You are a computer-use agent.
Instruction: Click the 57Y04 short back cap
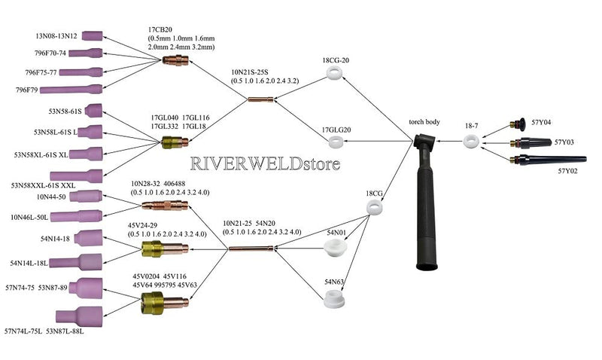tap(518, 124)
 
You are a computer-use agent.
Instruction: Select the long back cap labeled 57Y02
tap(548, 159)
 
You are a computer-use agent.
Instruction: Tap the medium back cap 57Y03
tap(531, 143)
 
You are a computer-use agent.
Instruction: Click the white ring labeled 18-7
tap(471, 142)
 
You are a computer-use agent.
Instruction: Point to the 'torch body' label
tap(424, 122)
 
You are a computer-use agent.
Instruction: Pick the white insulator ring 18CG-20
tap(334, 72)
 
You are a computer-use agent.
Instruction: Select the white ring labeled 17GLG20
tap(336, 142)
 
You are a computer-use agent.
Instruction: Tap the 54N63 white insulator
tap(333, 299)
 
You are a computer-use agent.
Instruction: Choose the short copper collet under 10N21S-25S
tap(260, 99)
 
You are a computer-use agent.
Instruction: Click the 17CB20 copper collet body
tap(175, 60)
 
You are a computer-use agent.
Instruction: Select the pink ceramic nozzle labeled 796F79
tap(71, 90)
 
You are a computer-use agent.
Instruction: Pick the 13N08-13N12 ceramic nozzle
tap(92, 35)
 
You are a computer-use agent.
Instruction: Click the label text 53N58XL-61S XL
tap(41, 155)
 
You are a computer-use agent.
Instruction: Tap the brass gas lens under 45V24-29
tap(165, 249)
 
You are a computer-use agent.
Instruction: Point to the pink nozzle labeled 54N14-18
tap(88, 238)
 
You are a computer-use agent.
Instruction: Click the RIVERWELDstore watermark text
tap(266, 163)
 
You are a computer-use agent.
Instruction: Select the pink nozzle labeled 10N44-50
tap(86, 196)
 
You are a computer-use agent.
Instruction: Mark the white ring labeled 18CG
tap(374, 207)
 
